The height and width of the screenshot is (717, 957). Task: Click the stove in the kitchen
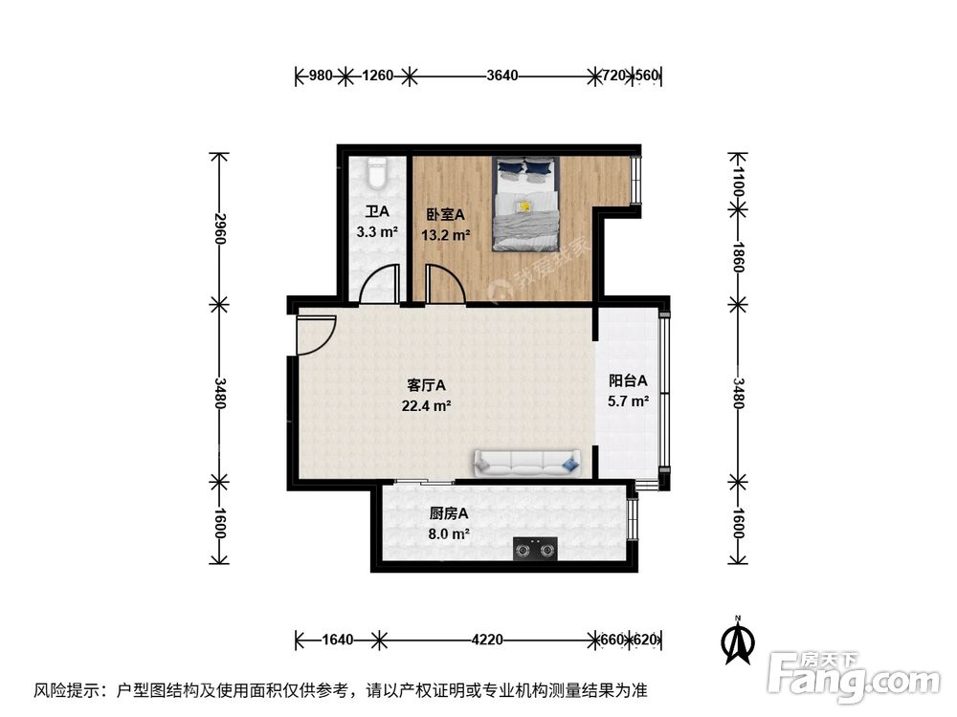(x=535, y=549)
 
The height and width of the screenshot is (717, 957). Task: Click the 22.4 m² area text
(x=427, y=405)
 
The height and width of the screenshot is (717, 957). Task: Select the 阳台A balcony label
(x=629, y=380)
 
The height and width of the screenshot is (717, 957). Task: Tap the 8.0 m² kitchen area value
(x=449, y=534)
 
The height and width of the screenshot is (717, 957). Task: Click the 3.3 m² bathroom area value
(x=376, y=232)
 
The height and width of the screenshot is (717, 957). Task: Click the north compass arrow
(x=738, y=642)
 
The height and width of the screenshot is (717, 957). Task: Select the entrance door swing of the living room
(x=314, y=335)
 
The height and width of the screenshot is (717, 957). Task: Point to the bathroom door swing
(x=379, y=285)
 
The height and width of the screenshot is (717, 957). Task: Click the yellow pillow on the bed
(x=523, y=206)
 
